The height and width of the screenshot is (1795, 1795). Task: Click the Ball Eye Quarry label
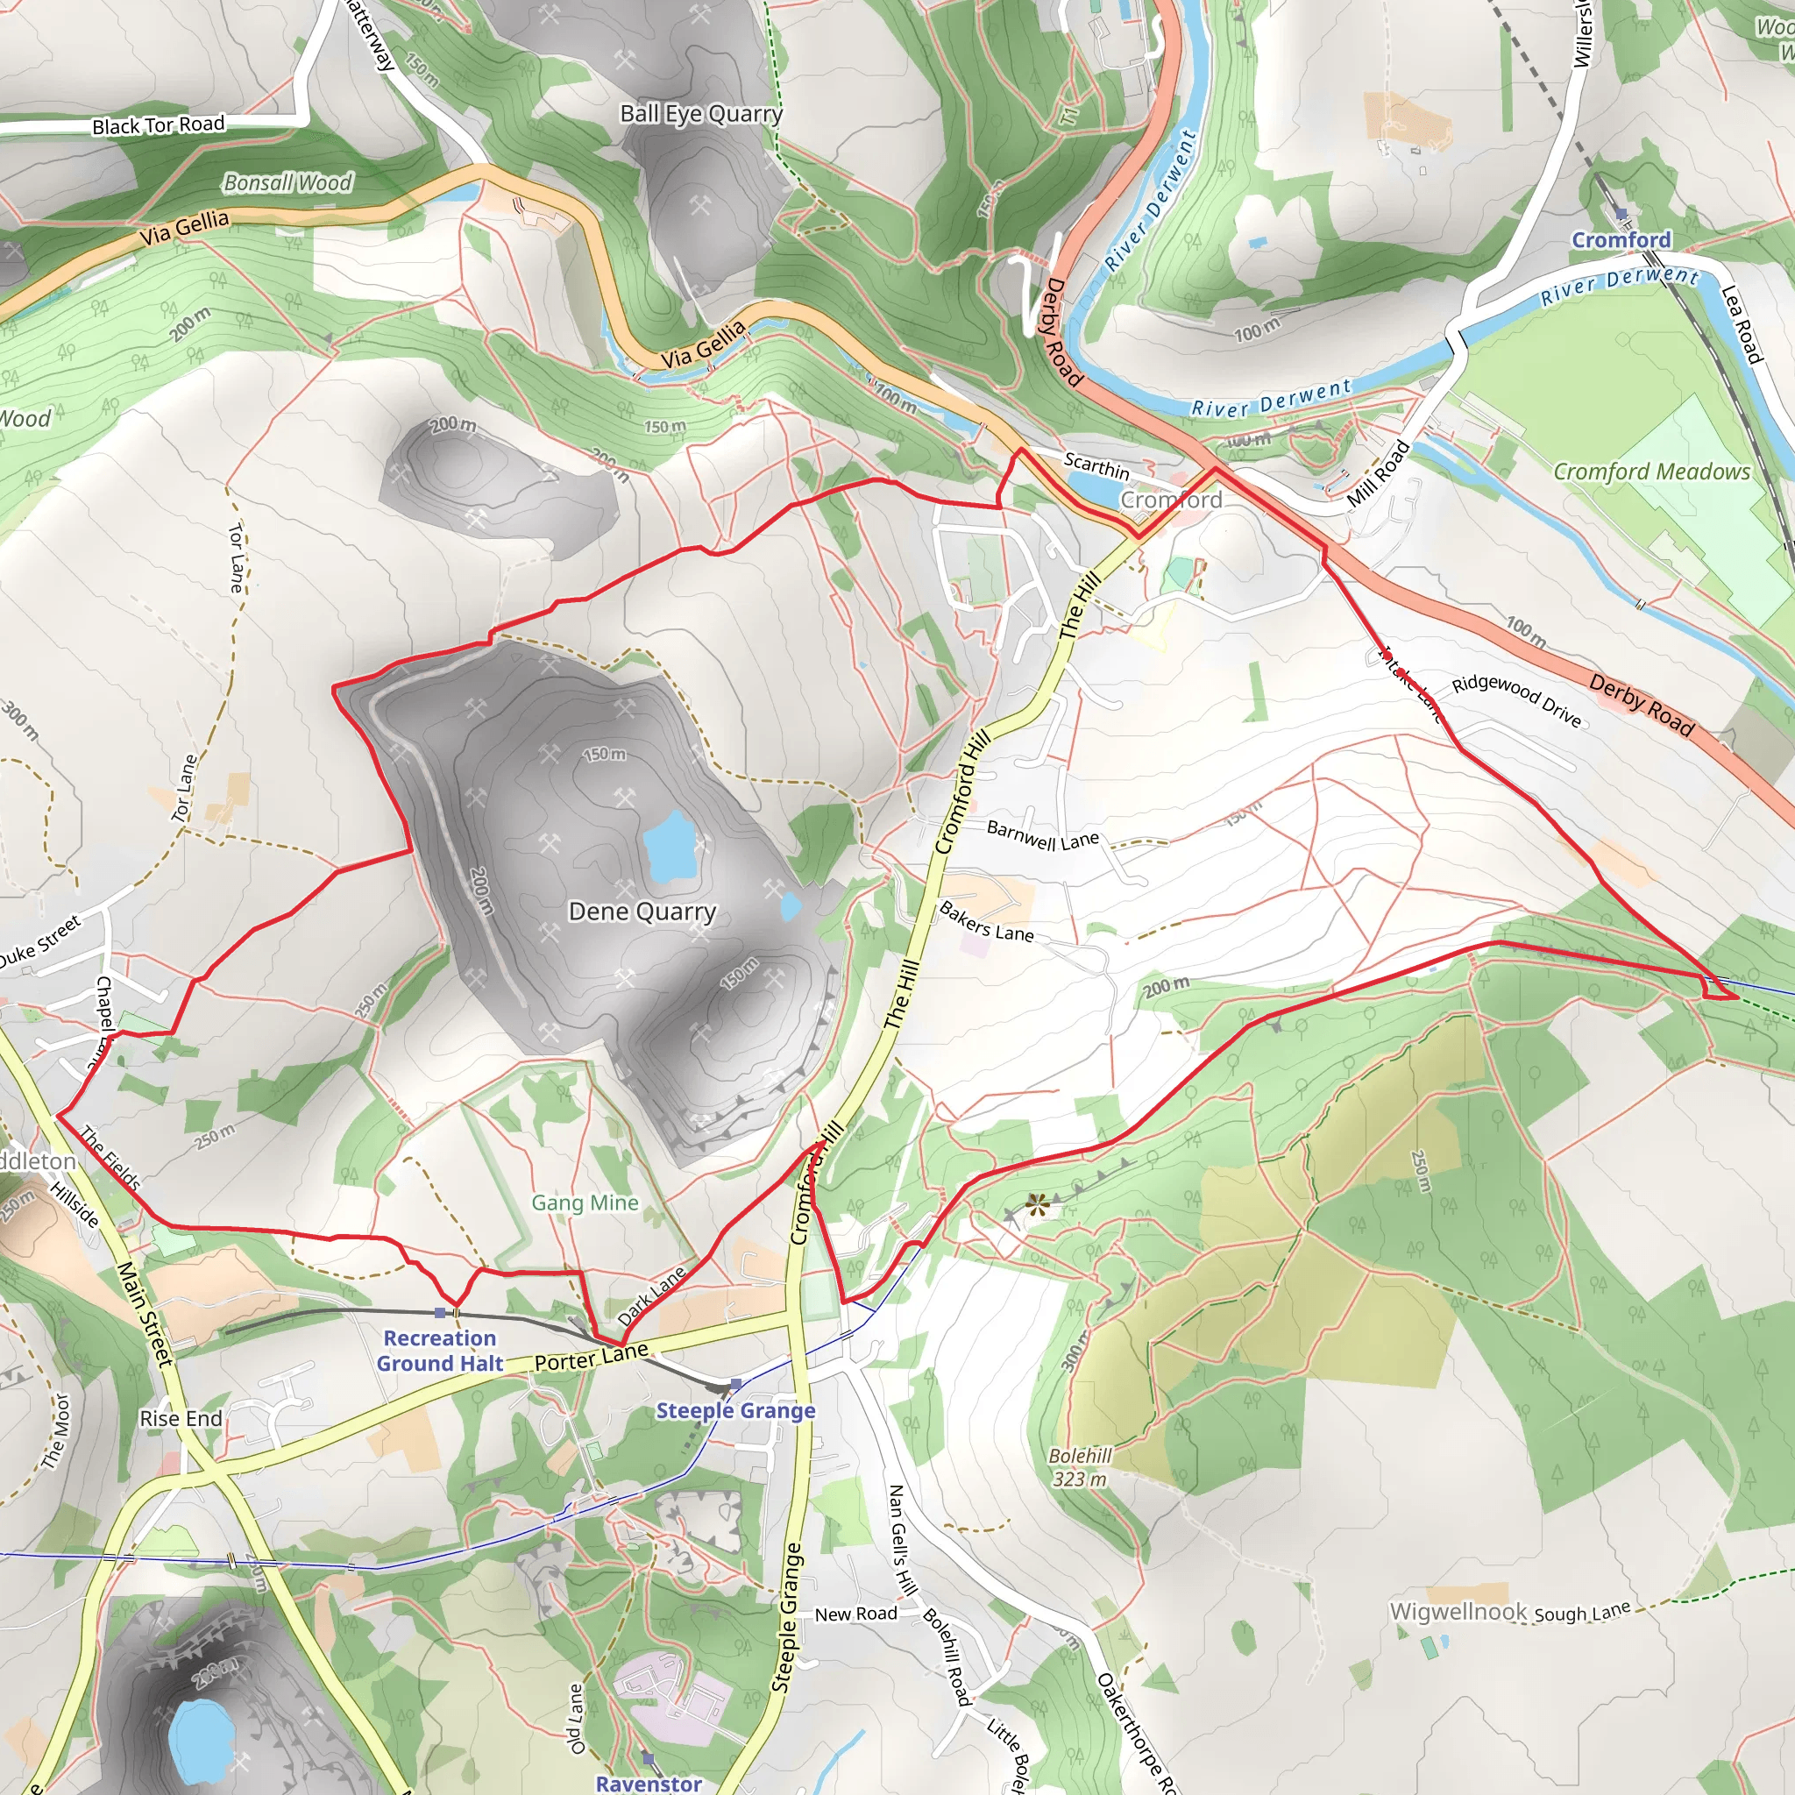pyautogui.click(x=701, y=114)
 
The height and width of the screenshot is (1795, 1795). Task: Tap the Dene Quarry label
pyautogui.click(x=642, y=912)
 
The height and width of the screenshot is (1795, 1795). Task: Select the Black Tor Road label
pyautogui.click(x=158, y=124)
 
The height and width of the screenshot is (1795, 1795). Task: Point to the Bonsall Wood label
pyautogui.click(x=288, y=183)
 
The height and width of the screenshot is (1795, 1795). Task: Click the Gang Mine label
pyautogui.click(x=585, y=1203)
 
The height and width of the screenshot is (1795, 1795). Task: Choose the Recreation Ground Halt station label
pyautogui.click(x=439, y=1351)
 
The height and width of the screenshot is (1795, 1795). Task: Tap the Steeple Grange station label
pyautogui.click(x=734, y=1410)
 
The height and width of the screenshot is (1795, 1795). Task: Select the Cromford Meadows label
pyautogui.click(x=1651, y=472)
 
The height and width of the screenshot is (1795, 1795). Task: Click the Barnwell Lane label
pyautogui.click(x=1042, y=835)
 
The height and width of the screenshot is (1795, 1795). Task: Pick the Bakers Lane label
pyautogui.click(x=986, y=921)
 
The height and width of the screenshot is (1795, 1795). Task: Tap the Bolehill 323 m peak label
pyautogui.click(x=1080, y=1467)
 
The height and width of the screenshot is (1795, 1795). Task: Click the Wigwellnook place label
pyautogui.click(x=1458, y=1611)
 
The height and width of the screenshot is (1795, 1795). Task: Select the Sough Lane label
pyautogui.click(x=1582, y=1612)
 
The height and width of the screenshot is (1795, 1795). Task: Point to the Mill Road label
pyautogui.click(x=1378, y=473)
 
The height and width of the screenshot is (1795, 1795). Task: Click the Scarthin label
pyautogui.click(x=1096, y=465)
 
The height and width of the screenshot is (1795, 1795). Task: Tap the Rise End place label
pyautogui.click(x=181, y=1419)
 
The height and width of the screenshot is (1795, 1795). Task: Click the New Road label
pyautogui.click(x=855, y=1614)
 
